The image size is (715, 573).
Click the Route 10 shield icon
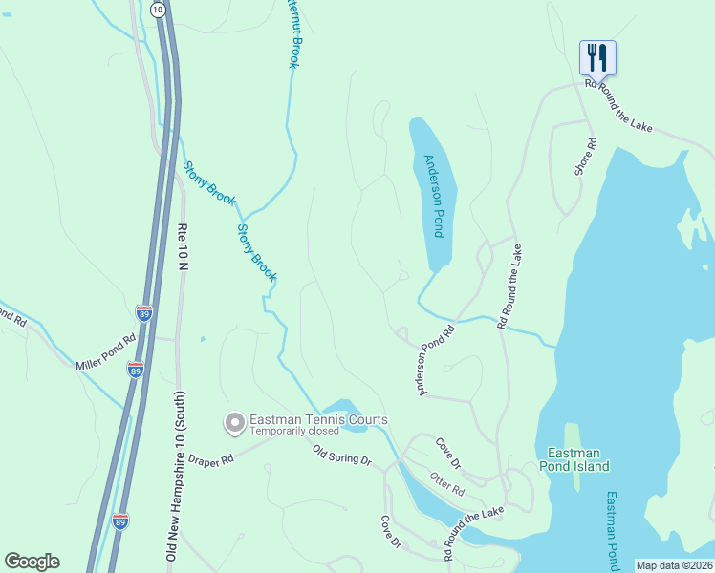pyautogui.click(x=158, y=9)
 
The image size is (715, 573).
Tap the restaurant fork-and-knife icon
pyautogui.click(x=597, y=57)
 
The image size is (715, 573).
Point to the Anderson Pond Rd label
pyautogui.click(x=433, y=360)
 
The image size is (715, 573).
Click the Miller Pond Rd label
pyautogui.click(x=106, y=350)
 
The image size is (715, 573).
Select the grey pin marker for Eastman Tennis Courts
pyautogui.click(x=232, y=422)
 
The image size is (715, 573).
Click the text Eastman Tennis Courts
pyautogui.click(x=318, y=419)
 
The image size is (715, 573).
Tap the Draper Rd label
pyautogui.click(x=210, y=460)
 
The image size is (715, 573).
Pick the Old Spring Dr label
pyautogui.click(x=341, y=455)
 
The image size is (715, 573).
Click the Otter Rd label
pyautogui.click(x=446, y=484)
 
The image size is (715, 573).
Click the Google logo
pyautogui.click(x=32, y=562)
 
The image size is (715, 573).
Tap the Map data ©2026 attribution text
pyautogui.click(x=673, y=565)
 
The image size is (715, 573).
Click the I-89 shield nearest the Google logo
pyautogui.click(x=120, y=521)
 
